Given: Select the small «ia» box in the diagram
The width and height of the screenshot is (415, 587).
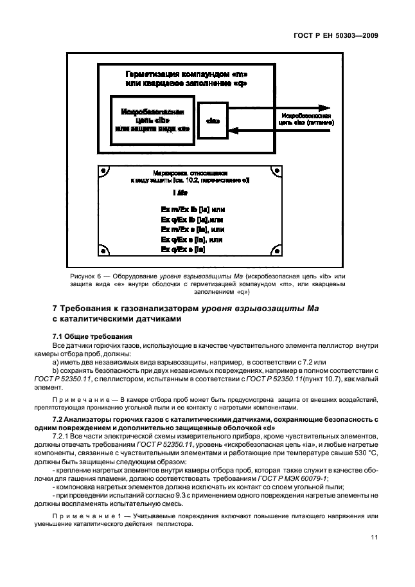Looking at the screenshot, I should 213,120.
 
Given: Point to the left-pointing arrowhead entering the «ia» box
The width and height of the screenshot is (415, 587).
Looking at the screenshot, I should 235,131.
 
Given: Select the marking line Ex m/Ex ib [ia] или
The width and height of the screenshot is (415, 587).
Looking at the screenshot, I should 192,210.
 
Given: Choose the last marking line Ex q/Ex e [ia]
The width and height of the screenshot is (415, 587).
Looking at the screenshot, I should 183,249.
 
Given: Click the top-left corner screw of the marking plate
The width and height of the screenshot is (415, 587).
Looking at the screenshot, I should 103,172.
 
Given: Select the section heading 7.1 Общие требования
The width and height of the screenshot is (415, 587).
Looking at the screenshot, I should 91,336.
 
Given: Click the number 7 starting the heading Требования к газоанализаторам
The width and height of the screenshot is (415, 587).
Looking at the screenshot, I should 55,309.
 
